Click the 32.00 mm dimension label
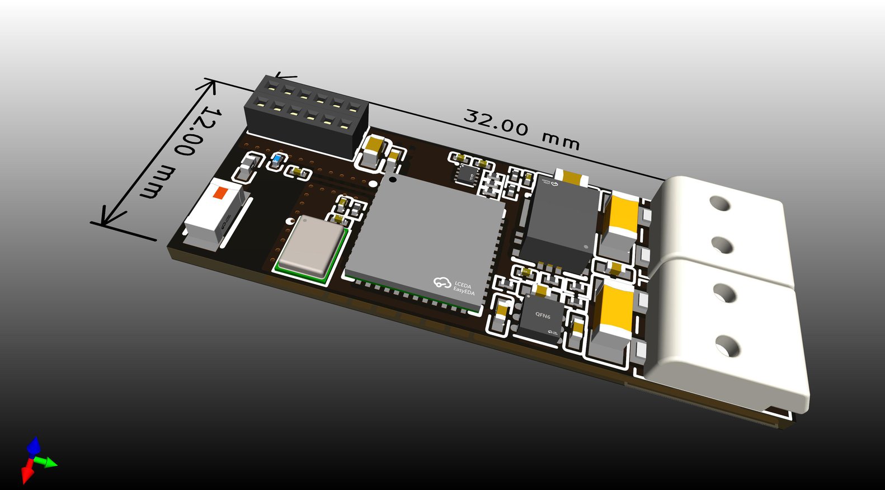tap(521, 130)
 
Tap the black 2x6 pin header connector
tap(307, 116)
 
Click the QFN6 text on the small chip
tap(542, 315)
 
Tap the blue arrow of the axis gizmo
tap(34, 446)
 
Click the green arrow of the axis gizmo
tap(49, 463)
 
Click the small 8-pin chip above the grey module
tap(465, 174)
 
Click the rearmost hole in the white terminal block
tap(721, 202)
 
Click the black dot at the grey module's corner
tap(393, 179)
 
